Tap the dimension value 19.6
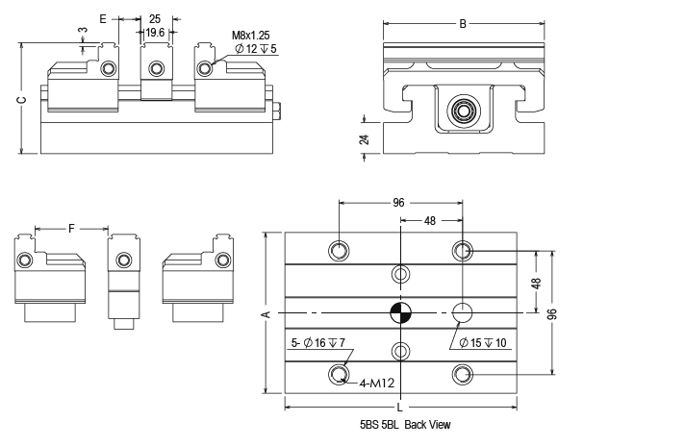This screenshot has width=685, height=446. (x=154, y=32)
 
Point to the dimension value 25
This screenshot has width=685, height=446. (x=154, y=18)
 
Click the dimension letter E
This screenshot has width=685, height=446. (x=104, y=18)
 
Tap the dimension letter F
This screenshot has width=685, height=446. (x=72, y=228)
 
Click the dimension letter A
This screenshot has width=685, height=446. (x=266, y=313)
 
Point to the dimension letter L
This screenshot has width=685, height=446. (x=400, y=408)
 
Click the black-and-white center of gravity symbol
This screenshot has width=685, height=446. (x=400, y=313)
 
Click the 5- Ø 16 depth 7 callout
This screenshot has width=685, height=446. (x=317, y=342)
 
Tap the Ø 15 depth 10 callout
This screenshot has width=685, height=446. (x=491, y=343)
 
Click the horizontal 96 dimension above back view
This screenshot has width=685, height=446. (x=399, y=203)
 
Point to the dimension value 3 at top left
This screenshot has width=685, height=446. (x=83, y=30)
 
